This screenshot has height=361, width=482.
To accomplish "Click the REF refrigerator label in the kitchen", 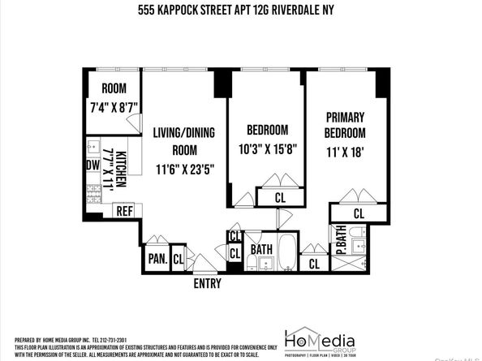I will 124,210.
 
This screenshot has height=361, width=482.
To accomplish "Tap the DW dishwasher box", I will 92,165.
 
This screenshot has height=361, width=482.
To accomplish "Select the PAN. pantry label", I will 157,260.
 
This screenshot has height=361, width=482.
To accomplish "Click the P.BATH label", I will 342,240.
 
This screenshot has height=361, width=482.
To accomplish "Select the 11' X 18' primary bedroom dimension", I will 346,151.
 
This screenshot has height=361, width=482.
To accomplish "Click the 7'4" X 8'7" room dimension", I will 113,105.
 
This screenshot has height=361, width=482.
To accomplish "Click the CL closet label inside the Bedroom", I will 279,196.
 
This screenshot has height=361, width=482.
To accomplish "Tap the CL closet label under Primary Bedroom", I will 358,214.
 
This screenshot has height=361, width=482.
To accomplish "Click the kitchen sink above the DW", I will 92,148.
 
